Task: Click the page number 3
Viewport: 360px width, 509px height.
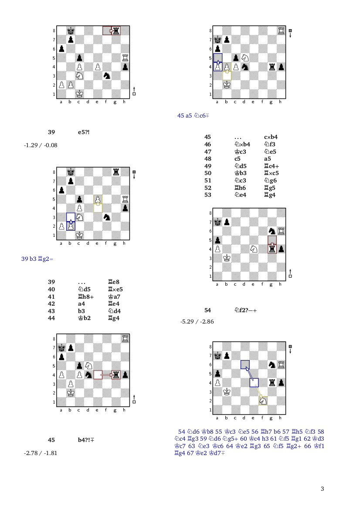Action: click(x=322, y=489)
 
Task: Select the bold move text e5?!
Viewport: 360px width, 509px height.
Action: click(x=84, y=132)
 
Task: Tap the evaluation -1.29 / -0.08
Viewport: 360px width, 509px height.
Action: click(x=41, y=145)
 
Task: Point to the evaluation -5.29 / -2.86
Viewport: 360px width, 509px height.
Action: click(x=197, y=321)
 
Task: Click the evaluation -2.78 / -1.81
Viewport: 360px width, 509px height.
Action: click(x=41, y=453)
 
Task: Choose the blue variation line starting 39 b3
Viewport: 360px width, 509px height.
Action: click(x=37, y=259)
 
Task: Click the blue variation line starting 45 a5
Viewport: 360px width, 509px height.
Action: click(x=194, y=115)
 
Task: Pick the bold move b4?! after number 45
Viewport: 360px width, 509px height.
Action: click(x=86, y=440)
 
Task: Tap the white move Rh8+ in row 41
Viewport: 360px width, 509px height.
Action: click(x=86, y=297)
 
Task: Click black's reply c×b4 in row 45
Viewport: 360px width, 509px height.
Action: click(x=271, y=137)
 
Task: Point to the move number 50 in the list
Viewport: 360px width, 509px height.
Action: click(x=207, y=173)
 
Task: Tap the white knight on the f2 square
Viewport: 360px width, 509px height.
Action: click(x=263, y=401)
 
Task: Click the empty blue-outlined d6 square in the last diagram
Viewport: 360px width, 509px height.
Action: click(x=245, y=364)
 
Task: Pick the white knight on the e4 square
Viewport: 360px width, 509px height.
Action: click(x=254, y=249)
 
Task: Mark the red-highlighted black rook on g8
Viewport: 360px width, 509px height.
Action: click(x=116, y=30)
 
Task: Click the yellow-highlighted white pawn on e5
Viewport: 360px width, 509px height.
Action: click(x=98, y=199)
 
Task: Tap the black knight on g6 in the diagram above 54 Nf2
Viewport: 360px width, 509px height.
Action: click(x=272, y=231)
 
